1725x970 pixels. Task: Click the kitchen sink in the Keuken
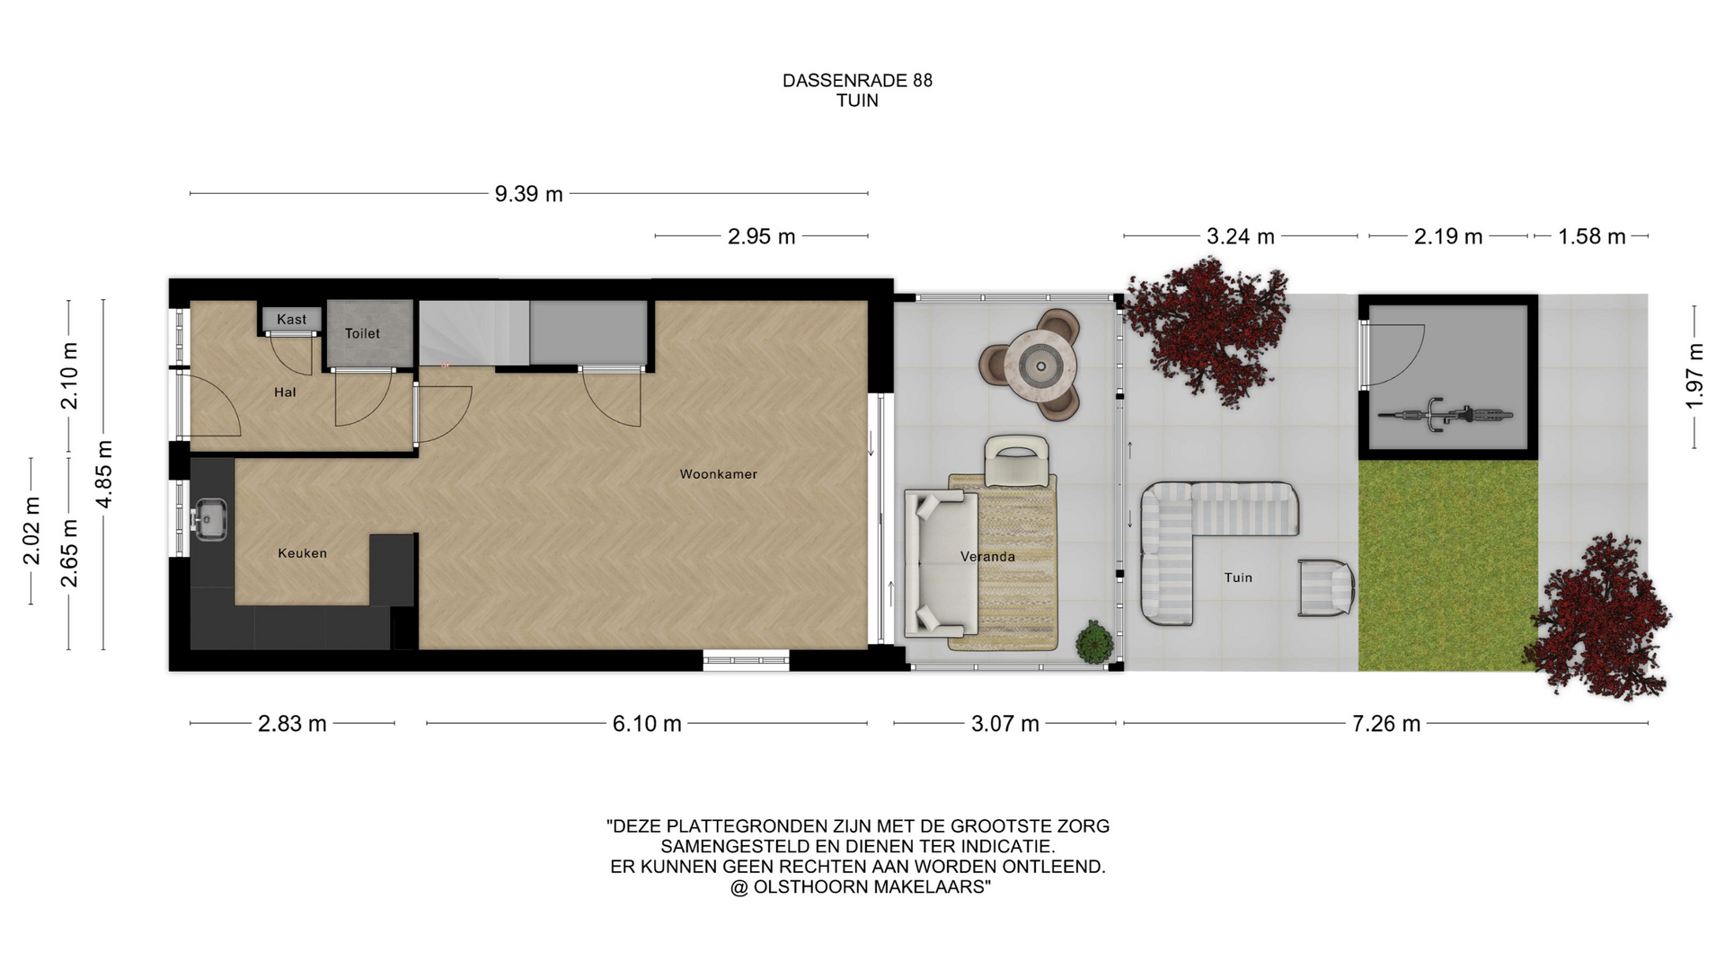pyautogui.click(x=209, y=519)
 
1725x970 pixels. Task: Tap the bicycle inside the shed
pyautogui.click(x=1445, y=415)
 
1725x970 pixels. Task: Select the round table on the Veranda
pyautogui.click(x=1040, y=366)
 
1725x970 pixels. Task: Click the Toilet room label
pyautogui.click(x=362, y=333)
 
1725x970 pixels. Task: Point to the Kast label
pyautogui.click(x=291, y=320)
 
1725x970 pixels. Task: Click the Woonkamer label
pyautogui.click(x=719, y=474)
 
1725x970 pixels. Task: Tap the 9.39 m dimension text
pyautogui.click(x=528, y=194)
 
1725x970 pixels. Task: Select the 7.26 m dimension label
pyautogui.click(x=1386, y=724)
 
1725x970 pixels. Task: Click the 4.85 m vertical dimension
pyautogui.click(x=104, y=474)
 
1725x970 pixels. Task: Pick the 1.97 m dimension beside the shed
pyautogui.click(x=1694, y=376)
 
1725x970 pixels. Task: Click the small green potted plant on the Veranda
pyautogui.click(x=1095, y=641)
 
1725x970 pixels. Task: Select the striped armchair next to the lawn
pyautogui.click(x=1326, y=587)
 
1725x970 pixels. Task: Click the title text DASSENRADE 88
pyautogui.click(x=857, y=81)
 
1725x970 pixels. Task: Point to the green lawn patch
pyautogui.click(x=1447, y=566)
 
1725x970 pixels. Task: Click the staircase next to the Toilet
pyautogui.click(x=473, y=332)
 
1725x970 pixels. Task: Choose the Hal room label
pyautogui.click(x=285, y=392)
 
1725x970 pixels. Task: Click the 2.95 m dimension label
pyautogui.click(x=761, y=237)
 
